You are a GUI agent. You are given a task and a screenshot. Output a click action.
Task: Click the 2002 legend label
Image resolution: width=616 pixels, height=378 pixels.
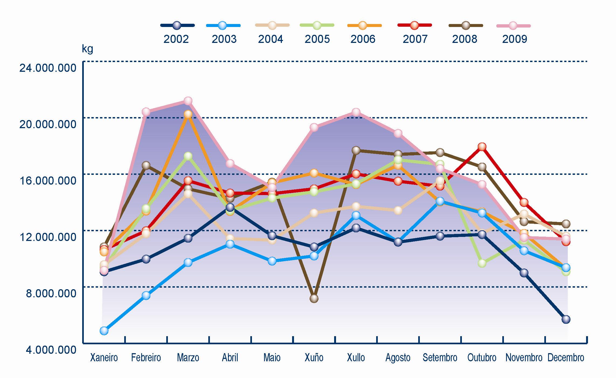[x=176, y=39]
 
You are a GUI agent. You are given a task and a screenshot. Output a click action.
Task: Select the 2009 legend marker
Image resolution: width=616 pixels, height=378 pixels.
[x=513, y=26]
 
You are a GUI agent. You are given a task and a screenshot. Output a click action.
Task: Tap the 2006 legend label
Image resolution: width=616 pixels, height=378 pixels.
[x=363, y=39]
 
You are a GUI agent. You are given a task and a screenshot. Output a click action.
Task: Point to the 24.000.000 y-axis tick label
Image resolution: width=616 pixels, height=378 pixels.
[x=48, y=68]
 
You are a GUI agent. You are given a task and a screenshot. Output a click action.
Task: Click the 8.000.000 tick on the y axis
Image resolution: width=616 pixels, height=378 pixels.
[x=51, y=293]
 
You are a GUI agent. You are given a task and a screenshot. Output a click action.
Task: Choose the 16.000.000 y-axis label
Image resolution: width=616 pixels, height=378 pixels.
[x=48, y=181]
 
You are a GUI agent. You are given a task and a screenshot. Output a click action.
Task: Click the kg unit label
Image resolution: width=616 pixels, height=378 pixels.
[x=87, y=49]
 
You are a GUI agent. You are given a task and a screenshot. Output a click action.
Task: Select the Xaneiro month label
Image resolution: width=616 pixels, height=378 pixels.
[x=104, y=358]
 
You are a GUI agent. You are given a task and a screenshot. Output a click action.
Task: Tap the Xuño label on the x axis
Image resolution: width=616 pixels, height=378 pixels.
[x=314, y=358]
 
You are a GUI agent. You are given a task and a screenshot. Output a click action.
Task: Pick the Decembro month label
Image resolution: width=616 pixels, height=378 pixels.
[x=566, y=358]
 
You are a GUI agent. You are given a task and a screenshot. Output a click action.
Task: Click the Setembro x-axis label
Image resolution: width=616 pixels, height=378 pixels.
[x=440, y=358]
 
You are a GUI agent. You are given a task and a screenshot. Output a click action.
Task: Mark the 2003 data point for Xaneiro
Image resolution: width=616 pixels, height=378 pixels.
[x=104, y=331]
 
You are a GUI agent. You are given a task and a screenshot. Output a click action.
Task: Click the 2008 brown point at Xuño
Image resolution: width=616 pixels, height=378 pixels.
[x=314, y=298]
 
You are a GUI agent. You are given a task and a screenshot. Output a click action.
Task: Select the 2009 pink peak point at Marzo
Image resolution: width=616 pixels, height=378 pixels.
[x=188, y=101]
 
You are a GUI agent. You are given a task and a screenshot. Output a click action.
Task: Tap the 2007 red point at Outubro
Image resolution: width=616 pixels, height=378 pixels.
[x=482, y=147]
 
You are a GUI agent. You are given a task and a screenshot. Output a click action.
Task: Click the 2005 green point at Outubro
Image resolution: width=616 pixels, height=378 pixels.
[x=482, y=263]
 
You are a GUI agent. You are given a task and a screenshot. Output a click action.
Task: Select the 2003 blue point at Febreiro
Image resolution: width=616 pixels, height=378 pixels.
[x=146, y=295]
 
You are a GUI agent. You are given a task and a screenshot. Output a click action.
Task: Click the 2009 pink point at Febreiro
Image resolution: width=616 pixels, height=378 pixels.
[x=146, y=112]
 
